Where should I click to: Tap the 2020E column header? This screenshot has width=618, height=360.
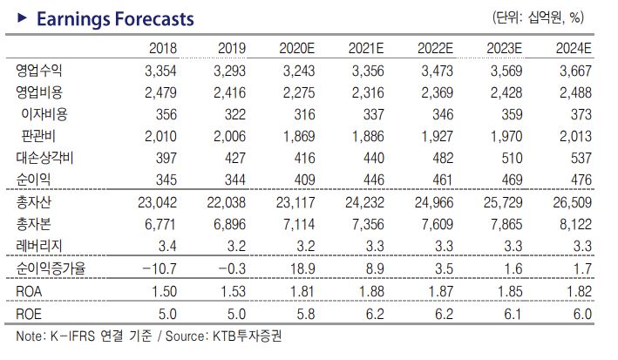[298, 49]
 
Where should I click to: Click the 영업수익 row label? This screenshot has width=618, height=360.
[38, 70]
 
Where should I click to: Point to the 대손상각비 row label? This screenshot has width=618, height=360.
[45, 158]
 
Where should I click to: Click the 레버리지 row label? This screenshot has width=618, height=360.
[38, 247]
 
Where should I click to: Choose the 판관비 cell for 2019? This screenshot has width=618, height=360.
[228, 136]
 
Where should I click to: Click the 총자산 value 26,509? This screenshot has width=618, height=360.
[574, 202]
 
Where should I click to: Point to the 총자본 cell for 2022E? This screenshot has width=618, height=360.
[438, 225]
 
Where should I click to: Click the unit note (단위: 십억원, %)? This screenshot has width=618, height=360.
[539, 17]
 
